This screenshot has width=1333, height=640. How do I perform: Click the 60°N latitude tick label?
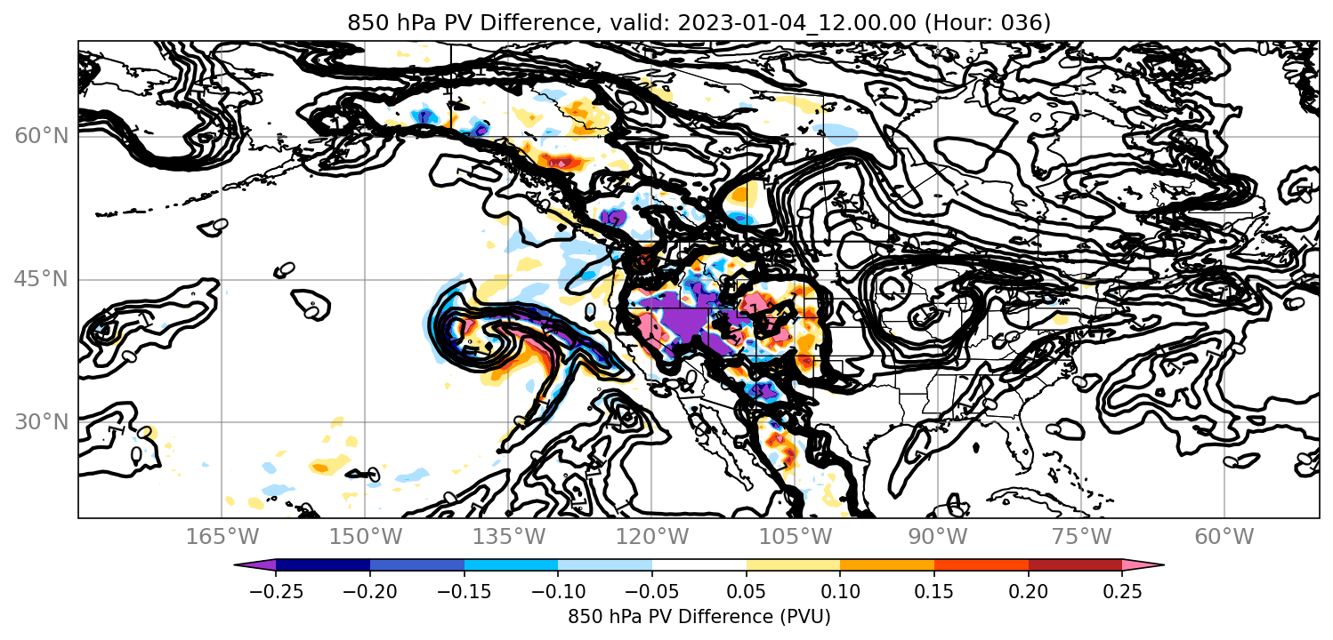[x=41, y=136]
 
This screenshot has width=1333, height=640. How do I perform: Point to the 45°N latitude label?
[x=41, y=279]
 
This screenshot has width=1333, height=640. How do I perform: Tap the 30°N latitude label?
[x=41, y=422]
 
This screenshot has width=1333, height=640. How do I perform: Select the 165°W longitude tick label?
[x=222, y=537]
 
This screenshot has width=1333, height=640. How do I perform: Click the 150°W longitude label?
[x=366, y=537]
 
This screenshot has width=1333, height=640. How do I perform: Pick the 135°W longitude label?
[x=509, y=537]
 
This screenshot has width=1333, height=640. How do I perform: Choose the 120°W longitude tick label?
[x=651, y=537]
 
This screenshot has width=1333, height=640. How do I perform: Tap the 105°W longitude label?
[x=795, y=537]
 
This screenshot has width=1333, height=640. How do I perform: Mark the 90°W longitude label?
[x=938, y=537]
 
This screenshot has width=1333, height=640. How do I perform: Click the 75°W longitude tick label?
[x=1081, y=537]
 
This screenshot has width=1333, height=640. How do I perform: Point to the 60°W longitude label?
[x=1224, y=537]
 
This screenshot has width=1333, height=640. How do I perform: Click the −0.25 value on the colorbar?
[x=276, y=591]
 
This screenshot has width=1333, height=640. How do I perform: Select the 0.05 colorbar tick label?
[x=747, y=591]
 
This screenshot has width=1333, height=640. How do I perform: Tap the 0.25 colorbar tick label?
[x=1122, y=591]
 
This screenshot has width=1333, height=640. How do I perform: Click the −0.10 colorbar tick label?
[x=558, y=591]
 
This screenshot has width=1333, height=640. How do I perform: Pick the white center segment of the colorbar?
[x=699, y=565]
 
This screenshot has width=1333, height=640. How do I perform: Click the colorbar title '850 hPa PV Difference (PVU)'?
[x=699, y=617]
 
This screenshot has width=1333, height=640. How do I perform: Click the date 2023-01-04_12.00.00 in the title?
[x=796, y=22]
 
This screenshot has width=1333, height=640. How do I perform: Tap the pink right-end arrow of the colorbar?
[x=1143, y=565]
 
